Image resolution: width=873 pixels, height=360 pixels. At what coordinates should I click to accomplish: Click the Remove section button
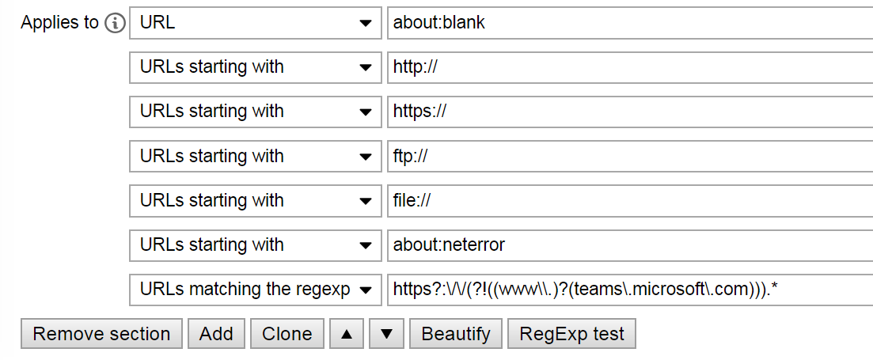tap(101, 334)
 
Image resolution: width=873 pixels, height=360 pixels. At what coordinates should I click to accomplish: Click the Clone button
tap(287, 334)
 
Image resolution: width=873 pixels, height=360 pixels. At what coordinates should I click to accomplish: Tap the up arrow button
tap(346, 334)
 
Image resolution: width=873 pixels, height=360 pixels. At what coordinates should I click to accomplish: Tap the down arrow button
tap(386, 334)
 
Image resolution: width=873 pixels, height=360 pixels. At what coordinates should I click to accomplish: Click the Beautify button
tap(456, 334)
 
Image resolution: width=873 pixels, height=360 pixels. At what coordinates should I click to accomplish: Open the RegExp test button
tap(571, 334)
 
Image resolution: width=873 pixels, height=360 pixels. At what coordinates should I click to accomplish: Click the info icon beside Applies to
tap(115, 23)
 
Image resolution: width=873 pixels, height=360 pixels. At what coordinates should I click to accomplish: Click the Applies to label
tap(59, 23)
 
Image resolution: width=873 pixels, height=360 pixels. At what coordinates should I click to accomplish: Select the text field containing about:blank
tap(629, 23)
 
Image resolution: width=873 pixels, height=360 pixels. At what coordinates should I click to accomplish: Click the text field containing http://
tap(629, 67)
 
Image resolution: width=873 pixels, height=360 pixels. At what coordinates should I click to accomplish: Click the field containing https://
tap(629, 112)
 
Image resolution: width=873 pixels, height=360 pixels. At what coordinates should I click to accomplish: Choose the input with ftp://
tap(629, 157)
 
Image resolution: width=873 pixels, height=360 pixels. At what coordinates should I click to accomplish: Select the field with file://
tap(629, 201)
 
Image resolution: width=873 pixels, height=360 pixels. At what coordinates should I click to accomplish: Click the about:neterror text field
tap(629, 245)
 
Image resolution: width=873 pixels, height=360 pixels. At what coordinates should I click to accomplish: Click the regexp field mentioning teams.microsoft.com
tap(629, 290)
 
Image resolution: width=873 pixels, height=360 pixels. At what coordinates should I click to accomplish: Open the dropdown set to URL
tap(254, 23)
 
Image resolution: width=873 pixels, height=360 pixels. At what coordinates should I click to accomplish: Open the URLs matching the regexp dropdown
tap(254, 290)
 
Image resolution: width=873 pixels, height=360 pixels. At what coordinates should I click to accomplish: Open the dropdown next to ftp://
tap(254, 157)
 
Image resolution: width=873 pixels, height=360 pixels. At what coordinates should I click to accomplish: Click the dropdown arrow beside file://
tap(365, 201)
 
